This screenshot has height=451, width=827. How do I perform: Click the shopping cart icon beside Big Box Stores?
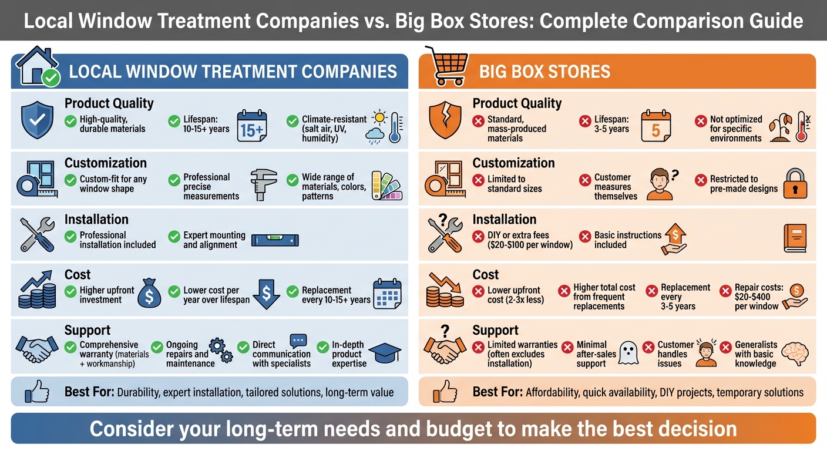[x=449, y=65]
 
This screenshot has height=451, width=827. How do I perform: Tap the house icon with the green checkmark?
[x=38, y=66]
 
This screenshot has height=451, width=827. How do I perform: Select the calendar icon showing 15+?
[x=251, y=126]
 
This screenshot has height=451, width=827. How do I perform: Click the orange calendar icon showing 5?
[x=655, y=126]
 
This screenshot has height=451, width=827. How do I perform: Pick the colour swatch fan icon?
[x=386, y=185]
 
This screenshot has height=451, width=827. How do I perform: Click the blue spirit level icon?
[x=275, y=240]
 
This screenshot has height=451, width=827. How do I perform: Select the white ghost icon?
[x=628, y=354]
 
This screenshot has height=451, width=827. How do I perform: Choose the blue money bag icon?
[x=149, y=294]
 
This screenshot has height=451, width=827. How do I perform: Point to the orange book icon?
[x=795, y=238]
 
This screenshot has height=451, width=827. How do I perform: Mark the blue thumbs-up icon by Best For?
[x=37, y=392]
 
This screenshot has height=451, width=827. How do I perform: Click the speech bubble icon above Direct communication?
[x=298, y=341]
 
